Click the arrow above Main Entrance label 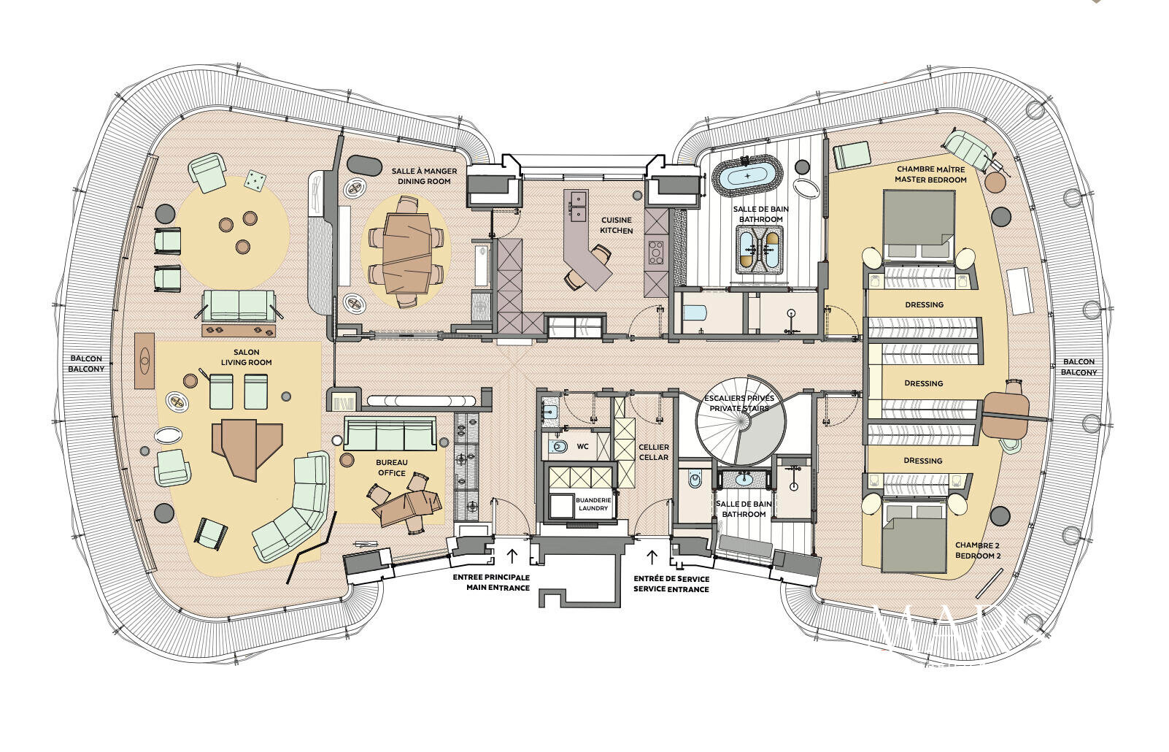512,556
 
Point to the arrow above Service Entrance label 651,557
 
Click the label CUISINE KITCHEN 617,225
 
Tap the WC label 582,446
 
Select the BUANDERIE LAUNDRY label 592,504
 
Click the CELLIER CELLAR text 653,452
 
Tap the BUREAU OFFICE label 391,467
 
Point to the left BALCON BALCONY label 86,364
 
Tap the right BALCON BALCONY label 1079,367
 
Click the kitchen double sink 576,206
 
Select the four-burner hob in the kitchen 655,252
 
